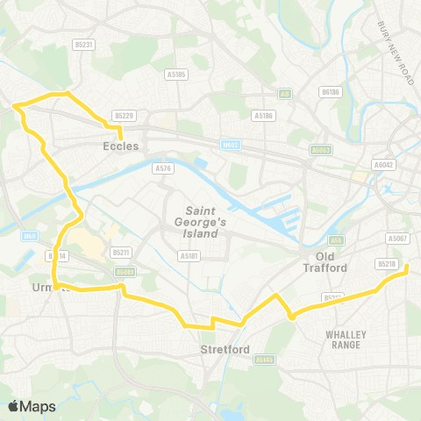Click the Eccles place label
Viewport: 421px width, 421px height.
click(121, 146)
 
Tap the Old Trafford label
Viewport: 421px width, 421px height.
click(325, 261)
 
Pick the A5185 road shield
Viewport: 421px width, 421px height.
click(176, 75)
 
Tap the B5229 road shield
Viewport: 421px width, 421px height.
click(124, 116)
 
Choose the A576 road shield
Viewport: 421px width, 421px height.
click(162, 168)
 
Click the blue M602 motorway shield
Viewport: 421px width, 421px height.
click(230, 146)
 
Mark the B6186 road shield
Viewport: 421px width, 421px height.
click(331, 90)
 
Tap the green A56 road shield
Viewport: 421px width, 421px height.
click(336, 239)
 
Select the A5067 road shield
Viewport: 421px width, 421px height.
click(397, 238)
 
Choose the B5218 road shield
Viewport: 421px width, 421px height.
click(386, 263)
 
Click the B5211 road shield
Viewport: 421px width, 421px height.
click(121, 253)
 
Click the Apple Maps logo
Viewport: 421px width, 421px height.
click(32, 406)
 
